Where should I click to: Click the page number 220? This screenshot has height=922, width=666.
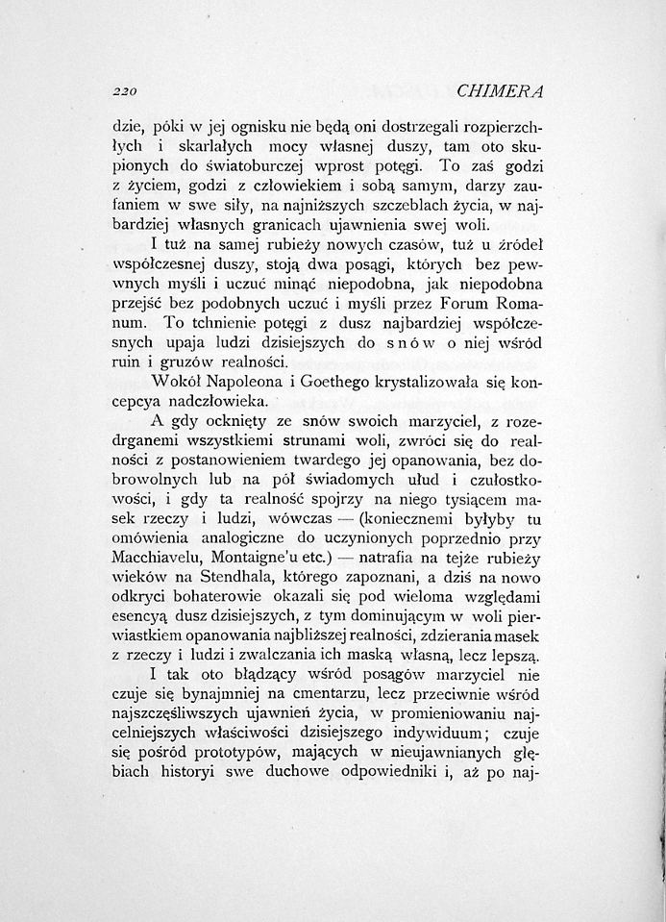(x=125, y=92)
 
